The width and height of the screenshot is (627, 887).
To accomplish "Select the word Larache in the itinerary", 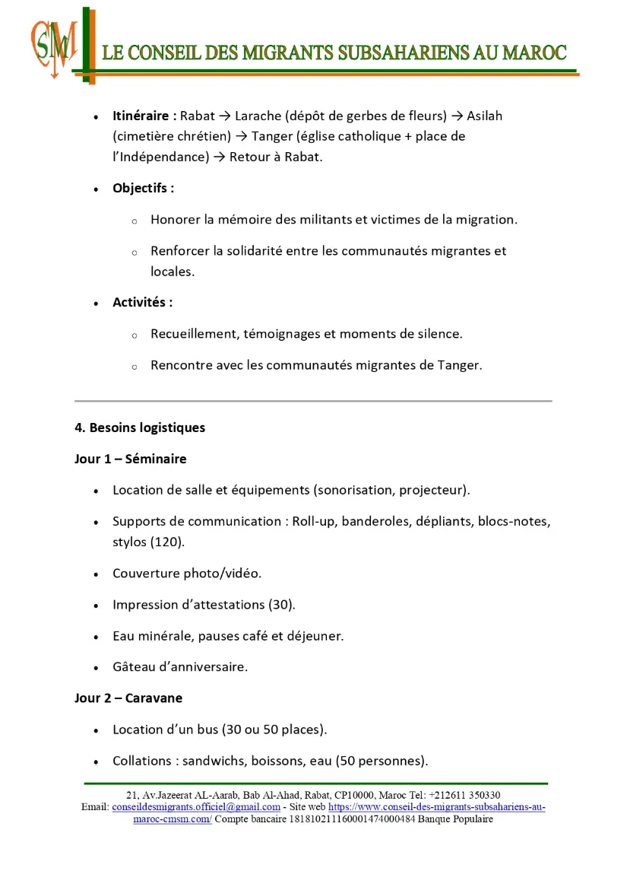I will coord(258,116).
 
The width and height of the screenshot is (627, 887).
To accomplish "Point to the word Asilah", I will coord(484,116).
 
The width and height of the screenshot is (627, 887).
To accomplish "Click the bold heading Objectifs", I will coord(143,188).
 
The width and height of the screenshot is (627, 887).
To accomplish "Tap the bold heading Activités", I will coord(142,302).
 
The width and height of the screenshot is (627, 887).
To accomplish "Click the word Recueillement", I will coord(193,334).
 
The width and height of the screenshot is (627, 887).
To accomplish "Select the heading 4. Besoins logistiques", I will coord(140,428).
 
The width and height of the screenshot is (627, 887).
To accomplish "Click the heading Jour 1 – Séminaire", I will coord(130,459).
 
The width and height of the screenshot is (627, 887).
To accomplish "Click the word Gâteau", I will coord(134,667).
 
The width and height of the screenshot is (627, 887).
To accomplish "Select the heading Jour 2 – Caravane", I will coord(128,698).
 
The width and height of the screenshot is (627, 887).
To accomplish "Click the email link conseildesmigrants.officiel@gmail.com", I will coord(196,807).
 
